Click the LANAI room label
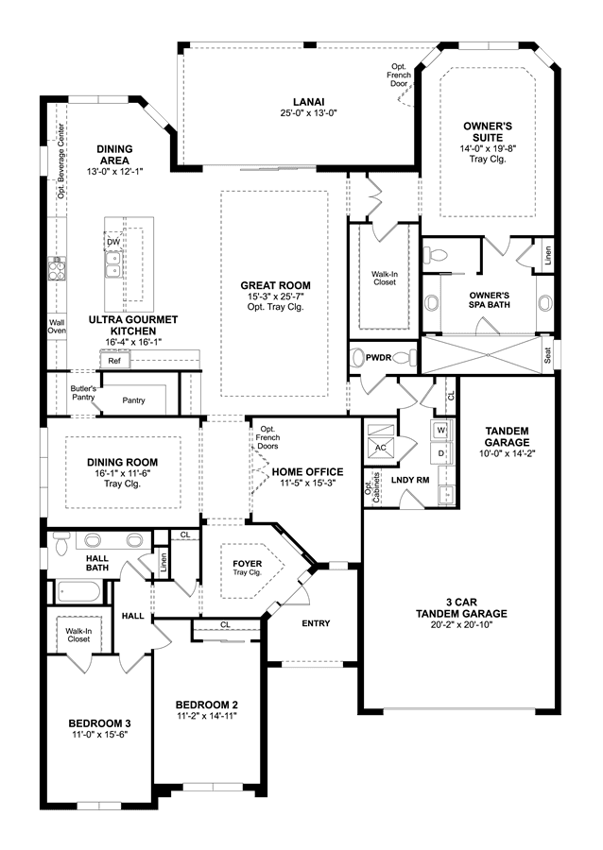coord(308,102)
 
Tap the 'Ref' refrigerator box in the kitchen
coord(114,361)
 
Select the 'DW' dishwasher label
coord(112,242)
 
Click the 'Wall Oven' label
coord(57,327)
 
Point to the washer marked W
coord(441,431)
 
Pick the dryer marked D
coord(440,453)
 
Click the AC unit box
coord(381,449)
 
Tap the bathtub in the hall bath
coord(80,592)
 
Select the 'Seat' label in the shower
coord(547,356)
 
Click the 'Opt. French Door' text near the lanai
coord(399,75)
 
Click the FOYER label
coord(248,564)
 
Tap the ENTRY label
coord(316,623)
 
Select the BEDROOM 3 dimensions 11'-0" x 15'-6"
coord(99,735)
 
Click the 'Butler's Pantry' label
coord(83,393)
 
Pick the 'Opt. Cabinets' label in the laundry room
coord(372,487)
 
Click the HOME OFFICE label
coord(307,471)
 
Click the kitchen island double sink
coord(113,264)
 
